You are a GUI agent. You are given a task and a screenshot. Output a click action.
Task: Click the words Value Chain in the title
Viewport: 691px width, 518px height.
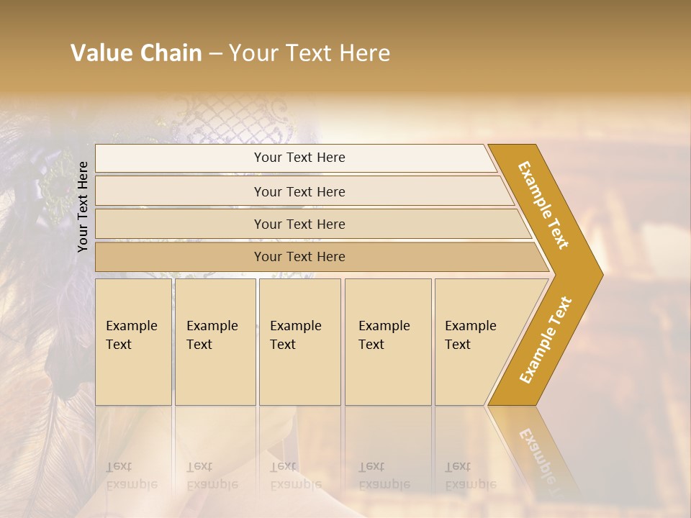point(136,53)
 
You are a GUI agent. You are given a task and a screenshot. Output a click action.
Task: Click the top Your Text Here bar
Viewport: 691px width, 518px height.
point(299,158)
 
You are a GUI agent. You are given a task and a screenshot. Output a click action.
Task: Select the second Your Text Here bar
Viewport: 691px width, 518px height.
point(299,191)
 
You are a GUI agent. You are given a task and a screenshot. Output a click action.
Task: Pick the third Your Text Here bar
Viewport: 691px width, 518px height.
point(299,224)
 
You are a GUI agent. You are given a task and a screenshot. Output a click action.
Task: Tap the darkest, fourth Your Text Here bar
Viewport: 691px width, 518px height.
point(299,257)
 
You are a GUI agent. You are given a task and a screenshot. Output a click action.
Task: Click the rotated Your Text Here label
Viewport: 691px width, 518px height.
point(83,206)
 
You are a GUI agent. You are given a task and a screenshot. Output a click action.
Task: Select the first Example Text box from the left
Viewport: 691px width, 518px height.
point(133,341)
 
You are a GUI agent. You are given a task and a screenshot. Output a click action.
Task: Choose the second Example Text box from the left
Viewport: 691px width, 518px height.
point(214,341)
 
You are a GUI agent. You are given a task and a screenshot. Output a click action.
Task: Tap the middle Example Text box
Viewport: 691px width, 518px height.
point(299,341)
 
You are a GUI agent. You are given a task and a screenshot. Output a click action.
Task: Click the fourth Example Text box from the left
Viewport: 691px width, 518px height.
point(387,341)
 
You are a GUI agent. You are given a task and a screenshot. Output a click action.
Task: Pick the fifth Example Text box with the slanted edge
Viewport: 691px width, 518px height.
point(475,341)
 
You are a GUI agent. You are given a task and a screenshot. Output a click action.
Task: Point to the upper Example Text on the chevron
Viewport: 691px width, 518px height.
point(543,205)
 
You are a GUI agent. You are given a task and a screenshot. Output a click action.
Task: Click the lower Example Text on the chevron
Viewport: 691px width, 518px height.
point(546,340)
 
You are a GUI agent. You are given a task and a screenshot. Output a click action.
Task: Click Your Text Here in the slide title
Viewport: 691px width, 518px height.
point(310,53)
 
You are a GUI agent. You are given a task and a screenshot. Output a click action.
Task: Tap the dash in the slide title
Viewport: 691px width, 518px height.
point(215,54)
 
